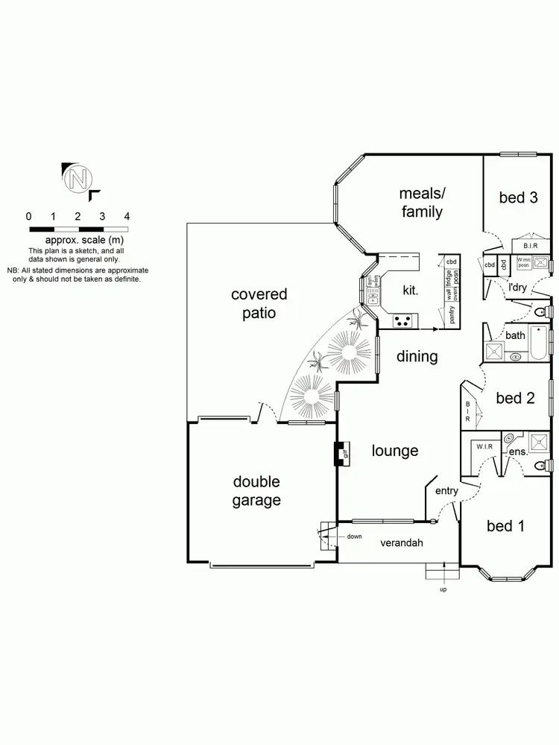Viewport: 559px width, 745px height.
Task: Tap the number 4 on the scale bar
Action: point(127,216)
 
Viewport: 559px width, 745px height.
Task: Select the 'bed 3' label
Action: point(518,197)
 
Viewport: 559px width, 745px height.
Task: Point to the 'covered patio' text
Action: point(259,304)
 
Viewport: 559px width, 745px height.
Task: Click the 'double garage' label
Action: point(256,491)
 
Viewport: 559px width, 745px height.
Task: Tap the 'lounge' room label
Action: point(395,451)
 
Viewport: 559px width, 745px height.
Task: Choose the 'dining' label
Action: point(417,357)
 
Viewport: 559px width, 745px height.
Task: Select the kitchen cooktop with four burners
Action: point(404,321)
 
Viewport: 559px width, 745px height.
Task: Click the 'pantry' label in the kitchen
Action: point(452,314)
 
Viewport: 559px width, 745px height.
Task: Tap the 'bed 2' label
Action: point(515,398)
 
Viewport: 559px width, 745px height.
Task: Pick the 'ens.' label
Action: point(517,452)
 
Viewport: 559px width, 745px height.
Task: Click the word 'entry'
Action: point(446,490)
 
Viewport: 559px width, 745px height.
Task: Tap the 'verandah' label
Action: point(402,543)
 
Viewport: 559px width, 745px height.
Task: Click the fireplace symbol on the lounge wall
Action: point(343,453)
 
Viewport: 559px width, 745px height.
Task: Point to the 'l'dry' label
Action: point(518,287)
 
